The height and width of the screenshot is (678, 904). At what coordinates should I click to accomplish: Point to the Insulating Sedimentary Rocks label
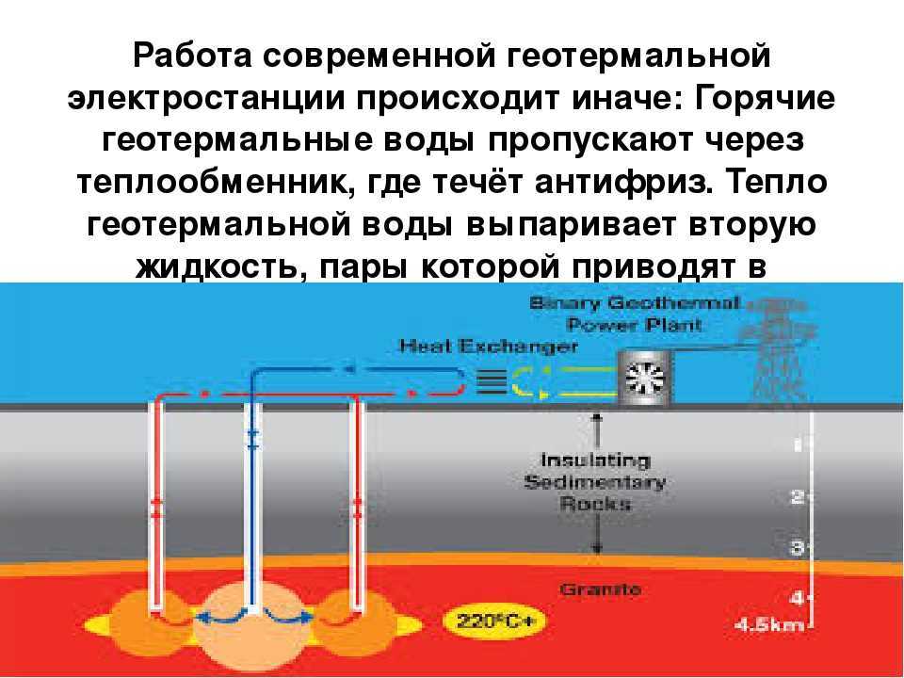[x=594, y=482]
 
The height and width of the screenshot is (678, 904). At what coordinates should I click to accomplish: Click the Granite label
[x=601, y=589]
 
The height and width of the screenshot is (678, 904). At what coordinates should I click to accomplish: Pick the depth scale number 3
[x=796, y=546]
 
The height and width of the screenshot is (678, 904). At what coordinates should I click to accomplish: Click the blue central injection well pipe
[x=251, y=490]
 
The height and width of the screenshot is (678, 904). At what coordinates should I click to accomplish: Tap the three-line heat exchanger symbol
[x=488, y=380]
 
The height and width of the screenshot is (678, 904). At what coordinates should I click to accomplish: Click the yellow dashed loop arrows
[x=560, y=380]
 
